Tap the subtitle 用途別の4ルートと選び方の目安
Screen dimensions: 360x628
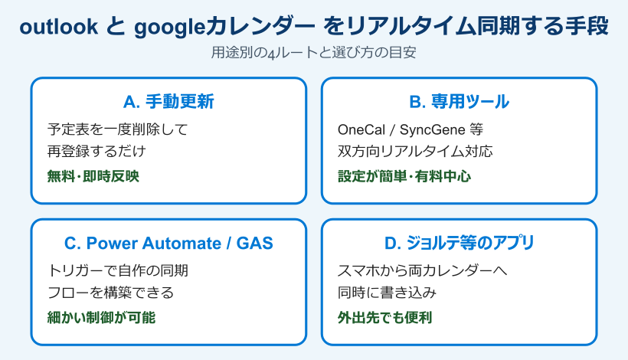(313, 54)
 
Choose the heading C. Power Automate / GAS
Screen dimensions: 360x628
(168, 244)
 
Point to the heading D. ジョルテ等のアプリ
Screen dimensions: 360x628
(459, 244)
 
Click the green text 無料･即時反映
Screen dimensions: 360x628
(93, 175)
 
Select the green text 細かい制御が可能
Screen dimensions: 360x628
(101, 317)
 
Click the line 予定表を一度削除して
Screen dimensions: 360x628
(117, 129)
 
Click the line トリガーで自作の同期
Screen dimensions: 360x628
(118, 270)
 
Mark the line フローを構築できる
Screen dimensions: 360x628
(110, 293)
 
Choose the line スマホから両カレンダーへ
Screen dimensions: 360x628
(423, 270)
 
